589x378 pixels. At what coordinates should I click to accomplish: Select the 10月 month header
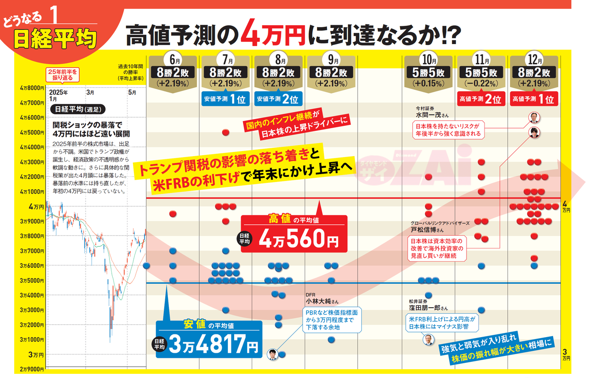click(x=428, y=60)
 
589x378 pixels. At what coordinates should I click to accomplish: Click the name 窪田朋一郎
click(x=425, y=308)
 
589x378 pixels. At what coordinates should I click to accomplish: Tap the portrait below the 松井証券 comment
click(x=428, y=340)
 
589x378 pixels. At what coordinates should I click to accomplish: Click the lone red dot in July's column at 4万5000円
click(x=225, y=132)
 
